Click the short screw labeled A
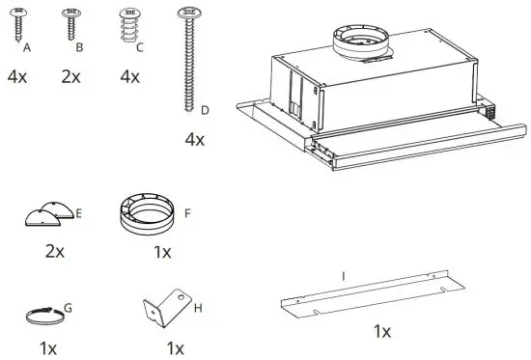tap(18, 24)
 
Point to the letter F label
tap(188, 209)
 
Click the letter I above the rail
tap(343, 276)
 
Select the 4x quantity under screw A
tap(16, 75)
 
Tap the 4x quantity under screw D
tap(195, 140)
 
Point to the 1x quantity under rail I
tap(382, 332)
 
